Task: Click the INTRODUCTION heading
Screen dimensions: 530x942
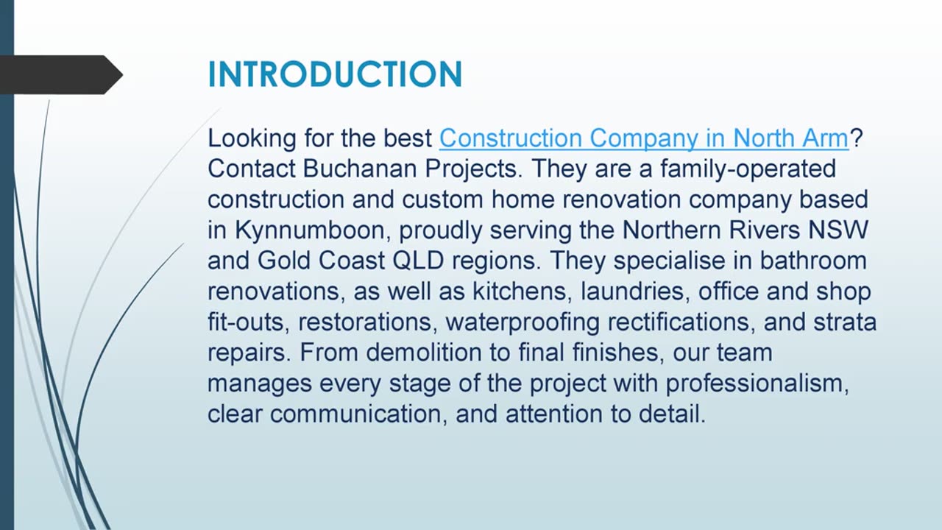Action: pos(335,74)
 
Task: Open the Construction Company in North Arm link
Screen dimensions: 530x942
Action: pos(644,138)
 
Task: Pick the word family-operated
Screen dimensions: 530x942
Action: pos(748,169)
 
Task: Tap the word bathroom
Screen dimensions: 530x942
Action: pos(812,261)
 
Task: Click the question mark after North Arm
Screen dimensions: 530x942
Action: pos(856,138)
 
